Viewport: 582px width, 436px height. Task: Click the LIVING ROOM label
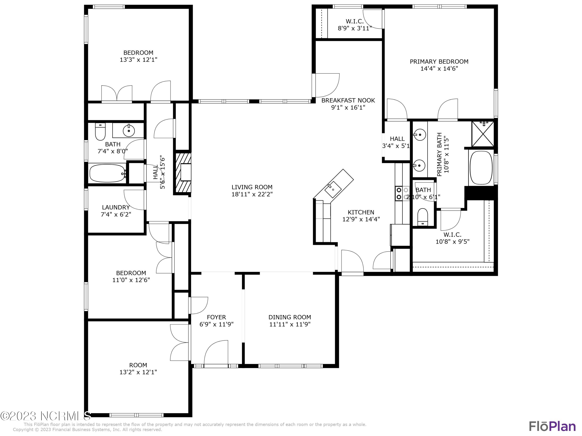[x=252, y=187]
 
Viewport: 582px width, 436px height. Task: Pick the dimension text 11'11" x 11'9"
[x=290, y=324]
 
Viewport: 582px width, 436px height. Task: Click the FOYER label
[x=216, y=317]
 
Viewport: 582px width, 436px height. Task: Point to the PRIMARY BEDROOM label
[x=439, y=61]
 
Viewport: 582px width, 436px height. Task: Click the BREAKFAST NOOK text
[x=348, y=100]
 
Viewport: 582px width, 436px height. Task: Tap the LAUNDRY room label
[x=116, y=207]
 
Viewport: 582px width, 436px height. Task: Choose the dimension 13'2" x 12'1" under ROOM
[x=138, y=372]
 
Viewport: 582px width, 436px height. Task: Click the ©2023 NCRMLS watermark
[x=45, y=416]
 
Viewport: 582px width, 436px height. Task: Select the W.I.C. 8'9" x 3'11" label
[x=354, y=24]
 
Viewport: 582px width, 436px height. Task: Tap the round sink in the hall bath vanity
[x=129, y=130]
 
